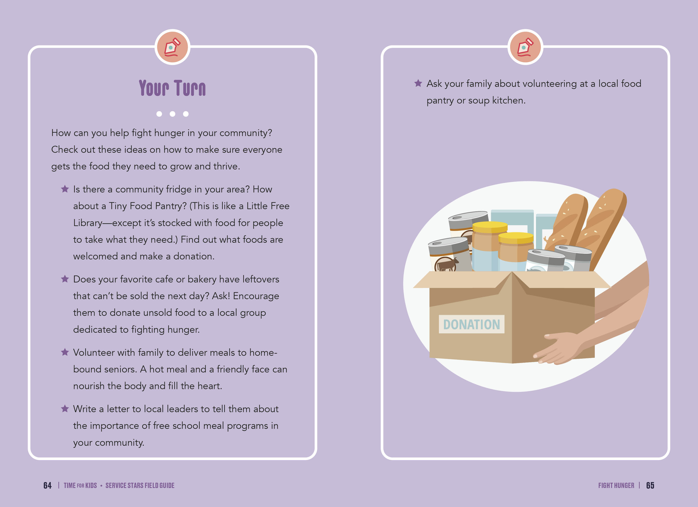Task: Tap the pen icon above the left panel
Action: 172,47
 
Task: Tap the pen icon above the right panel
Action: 525,47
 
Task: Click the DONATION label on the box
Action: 471,324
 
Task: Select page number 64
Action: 47,485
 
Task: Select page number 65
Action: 650,485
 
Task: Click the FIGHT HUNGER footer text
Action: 616,485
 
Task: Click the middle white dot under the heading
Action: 172,114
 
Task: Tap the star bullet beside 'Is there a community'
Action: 65,189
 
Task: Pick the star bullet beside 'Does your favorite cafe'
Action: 65,279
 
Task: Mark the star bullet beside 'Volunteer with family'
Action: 65,352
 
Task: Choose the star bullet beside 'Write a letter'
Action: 65,409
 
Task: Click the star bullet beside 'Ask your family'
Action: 418,83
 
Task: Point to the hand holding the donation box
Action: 557,348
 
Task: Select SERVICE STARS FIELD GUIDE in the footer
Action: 140,485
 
